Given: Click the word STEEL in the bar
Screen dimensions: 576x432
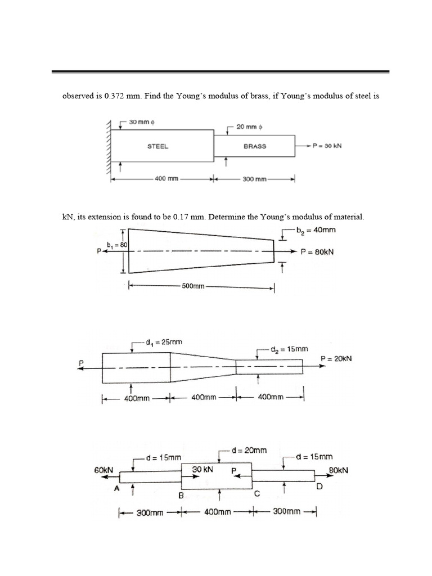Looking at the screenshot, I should click(x=158, y=146).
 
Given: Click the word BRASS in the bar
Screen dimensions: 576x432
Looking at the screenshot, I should click(x=255, y=146).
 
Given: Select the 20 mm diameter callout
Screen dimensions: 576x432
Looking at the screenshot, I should click(x=247, y=127).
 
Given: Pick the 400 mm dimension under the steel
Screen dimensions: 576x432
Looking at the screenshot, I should click(x=166, y=179).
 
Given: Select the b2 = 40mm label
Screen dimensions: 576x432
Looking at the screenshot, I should click(x=319, y=229).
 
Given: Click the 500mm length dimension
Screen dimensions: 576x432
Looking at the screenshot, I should click(x=193, y=286).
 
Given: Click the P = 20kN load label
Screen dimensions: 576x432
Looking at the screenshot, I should click(x=336, y=358).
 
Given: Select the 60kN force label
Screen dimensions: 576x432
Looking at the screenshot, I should click(x=104, y=470).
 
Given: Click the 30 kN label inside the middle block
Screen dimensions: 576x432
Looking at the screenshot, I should click(x=201, y=469).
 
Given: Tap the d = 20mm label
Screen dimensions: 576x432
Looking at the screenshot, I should click(x=249, y=450).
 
